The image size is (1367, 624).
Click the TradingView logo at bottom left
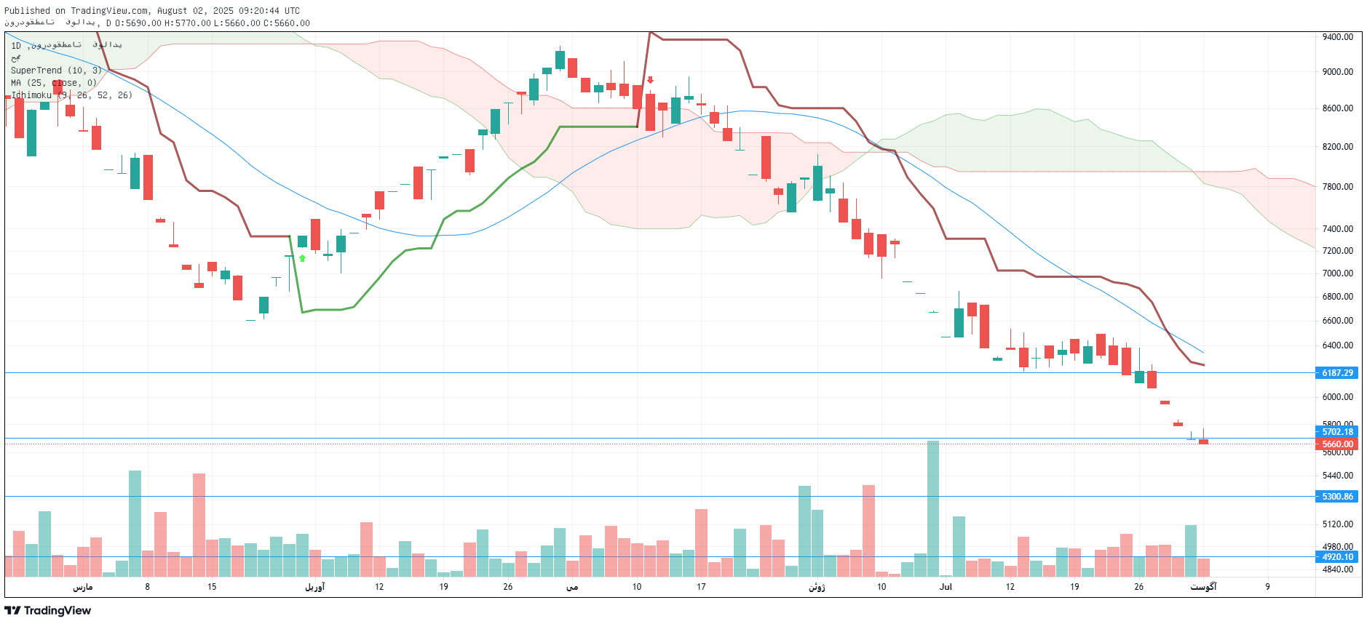47,610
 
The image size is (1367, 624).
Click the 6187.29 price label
1337,373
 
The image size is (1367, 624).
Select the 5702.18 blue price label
1337,432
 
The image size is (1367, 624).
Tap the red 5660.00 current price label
1337,444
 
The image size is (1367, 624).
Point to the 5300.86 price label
1337,497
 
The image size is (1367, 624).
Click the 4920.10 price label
1337,557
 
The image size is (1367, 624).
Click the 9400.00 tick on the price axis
1337,37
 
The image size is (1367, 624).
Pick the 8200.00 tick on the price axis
1337,147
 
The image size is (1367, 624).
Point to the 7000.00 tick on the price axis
1337,273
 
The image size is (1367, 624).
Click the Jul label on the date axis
946,587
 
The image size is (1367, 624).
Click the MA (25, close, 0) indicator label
53,83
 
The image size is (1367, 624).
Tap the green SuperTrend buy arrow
302,258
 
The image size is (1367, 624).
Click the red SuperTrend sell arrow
650,80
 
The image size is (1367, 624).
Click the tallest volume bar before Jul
932,509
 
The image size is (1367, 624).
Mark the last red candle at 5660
1203,441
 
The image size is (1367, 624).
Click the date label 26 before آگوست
1138,587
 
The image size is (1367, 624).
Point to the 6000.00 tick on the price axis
1337,397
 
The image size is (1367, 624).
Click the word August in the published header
173,11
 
